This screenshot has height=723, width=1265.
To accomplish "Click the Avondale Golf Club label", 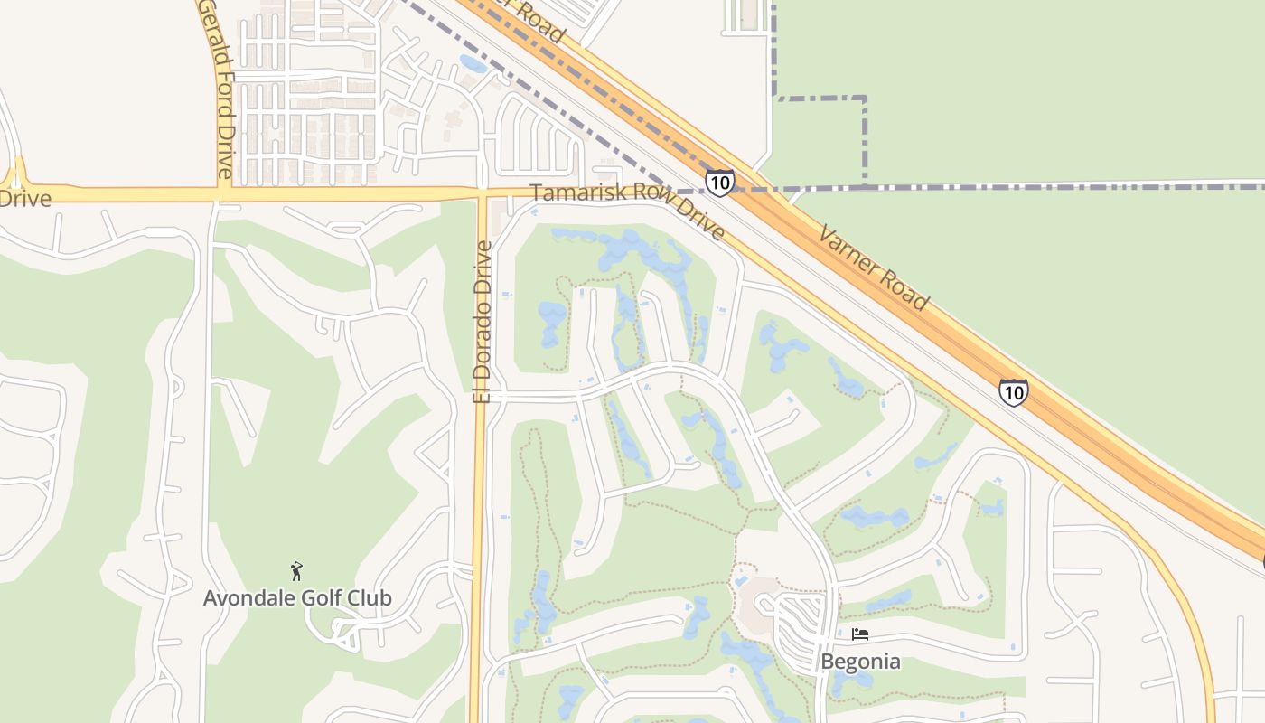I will tap(297, 598).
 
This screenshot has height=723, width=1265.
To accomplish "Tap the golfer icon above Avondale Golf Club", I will tap(296, 571).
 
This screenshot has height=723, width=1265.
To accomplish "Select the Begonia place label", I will tap(860, 662).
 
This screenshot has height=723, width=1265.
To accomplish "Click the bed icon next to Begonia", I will tap(860, 635).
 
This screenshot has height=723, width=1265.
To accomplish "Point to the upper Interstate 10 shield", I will tap(719, 183).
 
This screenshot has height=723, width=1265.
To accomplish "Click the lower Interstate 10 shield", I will tap(1013, 391).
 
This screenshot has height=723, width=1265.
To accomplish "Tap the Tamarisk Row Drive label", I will tap(627, 211).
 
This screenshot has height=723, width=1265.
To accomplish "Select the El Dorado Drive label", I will tap(483, 322).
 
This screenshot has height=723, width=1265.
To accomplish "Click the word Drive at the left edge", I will tap(25, 198).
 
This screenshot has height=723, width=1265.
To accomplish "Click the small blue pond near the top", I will tap(473, 64).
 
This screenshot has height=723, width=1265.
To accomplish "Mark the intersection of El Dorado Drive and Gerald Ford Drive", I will tap(482, 193).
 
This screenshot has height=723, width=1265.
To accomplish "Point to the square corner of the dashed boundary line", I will tap(865, 99).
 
